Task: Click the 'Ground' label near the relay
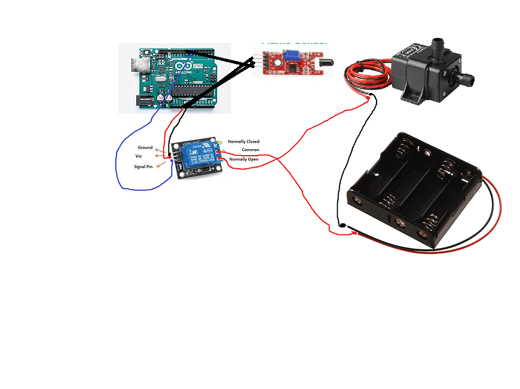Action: (x=145, y=147)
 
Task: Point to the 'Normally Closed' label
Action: (x=244, y=141)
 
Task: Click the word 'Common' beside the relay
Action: (x=250, y=150)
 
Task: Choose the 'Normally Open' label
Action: (x=244, y=159)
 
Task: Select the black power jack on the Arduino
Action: (x=145, y=101)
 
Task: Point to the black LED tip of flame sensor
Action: (x=326, y=61)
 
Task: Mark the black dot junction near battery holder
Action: (x=341, y=226)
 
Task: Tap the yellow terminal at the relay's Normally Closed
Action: (x=221, y=143)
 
